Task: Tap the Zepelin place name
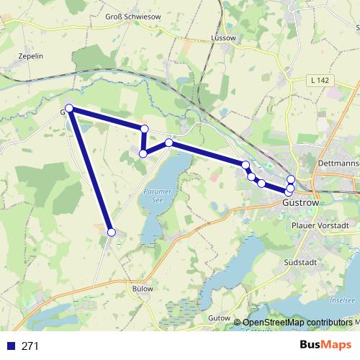[x=30, y=55]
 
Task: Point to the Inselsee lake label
[x=343, y=300]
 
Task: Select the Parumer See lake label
[x=155, y=196]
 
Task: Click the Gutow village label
[x=217, y=318]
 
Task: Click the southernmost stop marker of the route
[x=112, y=232]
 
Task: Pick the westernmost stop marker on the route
[x=69, y=109]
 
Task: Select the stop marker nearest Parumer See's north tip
[x=169, y=143]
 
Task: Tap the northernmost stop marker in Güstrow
[x=291, y=179]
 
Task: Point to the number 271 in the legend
[x=30, y=346]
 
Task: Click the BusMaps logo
[x=325, y=346]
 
